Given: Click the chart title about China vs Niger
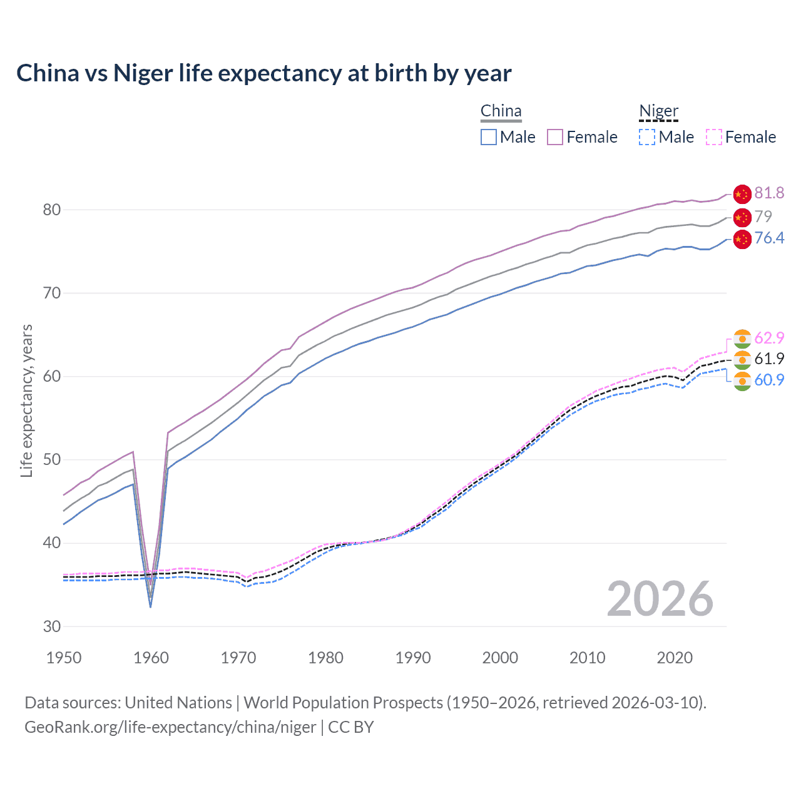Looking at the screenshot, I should pyautogui.click(x=263, y=73).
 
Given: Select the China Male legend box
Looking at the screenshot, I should pyautogui.click(x=489, y=137).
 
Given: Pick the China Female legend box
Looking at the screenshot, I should pyautogui.click(x=555, y=137).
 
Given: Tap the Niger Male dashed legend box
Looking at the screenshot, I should pyautogui.click(x=647, y=137).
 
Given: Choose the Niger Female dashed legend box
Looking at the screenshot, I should pyautogui.click(x=714, y=137).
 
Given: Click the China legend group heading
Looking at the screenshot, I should pyautogui.click(x=501, y=111).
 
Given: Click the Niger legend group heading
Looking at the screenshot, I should pyautogui.click(x=658, y=111).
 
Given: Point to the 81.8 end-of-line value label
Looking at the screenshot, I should pyautogui.click(x=769, y=193).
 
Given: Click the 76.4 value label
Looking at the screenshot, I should pyautogui.click(x=769, y=238).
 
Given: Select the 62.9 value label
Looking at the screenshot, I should pyautogui.click(x=769, y=338).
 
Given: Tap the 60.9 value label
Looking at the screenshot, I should pyautogui.click(x=769, y=380).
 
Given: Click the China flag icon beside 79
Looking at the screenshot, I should pyautogui.click(x=742, y=217).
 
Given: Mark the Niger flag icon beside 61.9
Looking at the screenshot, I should pyautogui.click(x=742, y=359).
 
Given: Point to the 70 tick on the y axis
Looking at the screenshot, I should pyautogui.click(x=52, y=293).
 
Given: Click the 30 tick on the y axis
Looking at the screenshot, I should pyautogui.click(x=52, y=626).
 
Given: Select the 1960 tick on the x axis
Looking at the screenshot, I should pyautogui.click(x=151, y=658).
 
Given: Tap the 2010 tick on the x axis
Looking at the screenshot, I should pyautogui.click(x=587, y=658).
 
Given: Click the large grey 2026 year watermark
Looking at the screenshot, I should pyautogui.click(x=660, y=599).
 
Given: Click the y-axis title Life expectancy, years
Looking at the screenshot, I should pyautogui.click(x=27, y=400).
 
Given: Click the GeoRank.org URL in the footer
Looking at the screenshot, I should pyautogui.click(x=170, y=727).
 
